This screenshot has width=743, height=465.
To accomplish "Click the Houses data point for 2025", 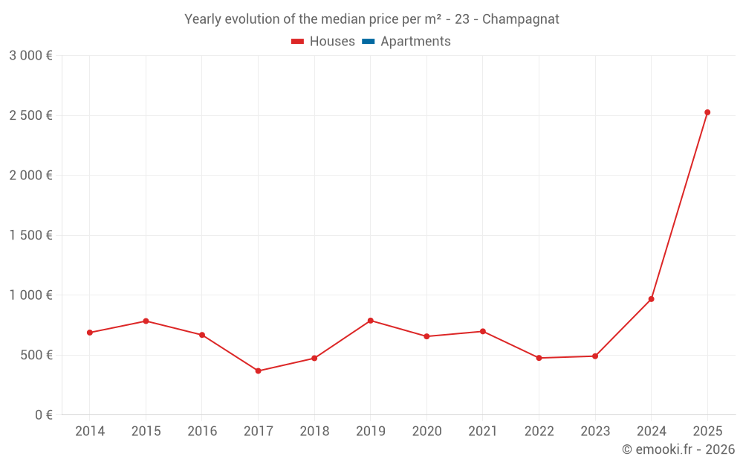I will pyautogui.click(x=707, y=112).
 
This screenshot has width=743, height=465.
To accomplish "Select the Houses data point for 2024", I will pyautogui.click(x=651, y=299).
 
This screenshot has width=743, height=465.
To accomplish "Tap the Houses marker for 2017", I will pyautogui.click(x=258, y=371).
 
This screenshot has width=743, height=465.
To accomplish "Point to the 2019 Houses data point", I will pyautogui.click(x=370, y=321).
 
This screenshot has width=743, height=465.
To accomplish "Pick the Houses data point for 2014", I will pyautogui.click(x=89, y=333).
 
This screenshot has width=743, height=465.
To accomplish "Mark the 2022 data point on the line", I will pyautogui.click(x=539, y=358).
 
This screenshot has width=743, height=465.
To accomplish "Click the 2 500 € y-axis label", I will pyautogui.click(x=30, y=115).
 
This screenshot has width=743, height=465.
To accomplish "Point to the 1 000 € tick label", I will pyautogui.click(x=30, y=295).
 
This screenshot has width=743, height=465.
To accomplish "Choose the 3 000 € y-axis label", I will pyautogui.click(x=30, y=55).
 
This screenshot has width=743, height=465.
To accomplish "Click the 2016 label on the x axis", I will pyautogui.click(x=202, y=432).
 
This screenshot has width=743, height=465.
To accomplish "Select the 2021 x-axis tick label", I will pyautogui.click(x=483, y=432).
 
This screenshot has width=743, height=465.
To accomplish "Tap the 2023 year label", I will pyautogui.click(x=595, y=432).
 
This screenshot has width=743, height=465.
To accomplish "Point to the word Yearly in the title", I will pyautogui.click(x=204, y=19).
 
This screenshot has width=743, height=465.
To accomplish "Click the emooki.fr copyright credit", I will pyautogui.click(x=678, y=449).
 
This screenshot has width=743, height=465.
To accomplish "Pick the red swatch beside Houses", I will pyautogui.click(x=297, y=42).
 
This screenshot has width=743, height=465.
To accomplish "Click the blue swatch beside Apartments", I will pyautogui.click(x=369, y=42).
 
